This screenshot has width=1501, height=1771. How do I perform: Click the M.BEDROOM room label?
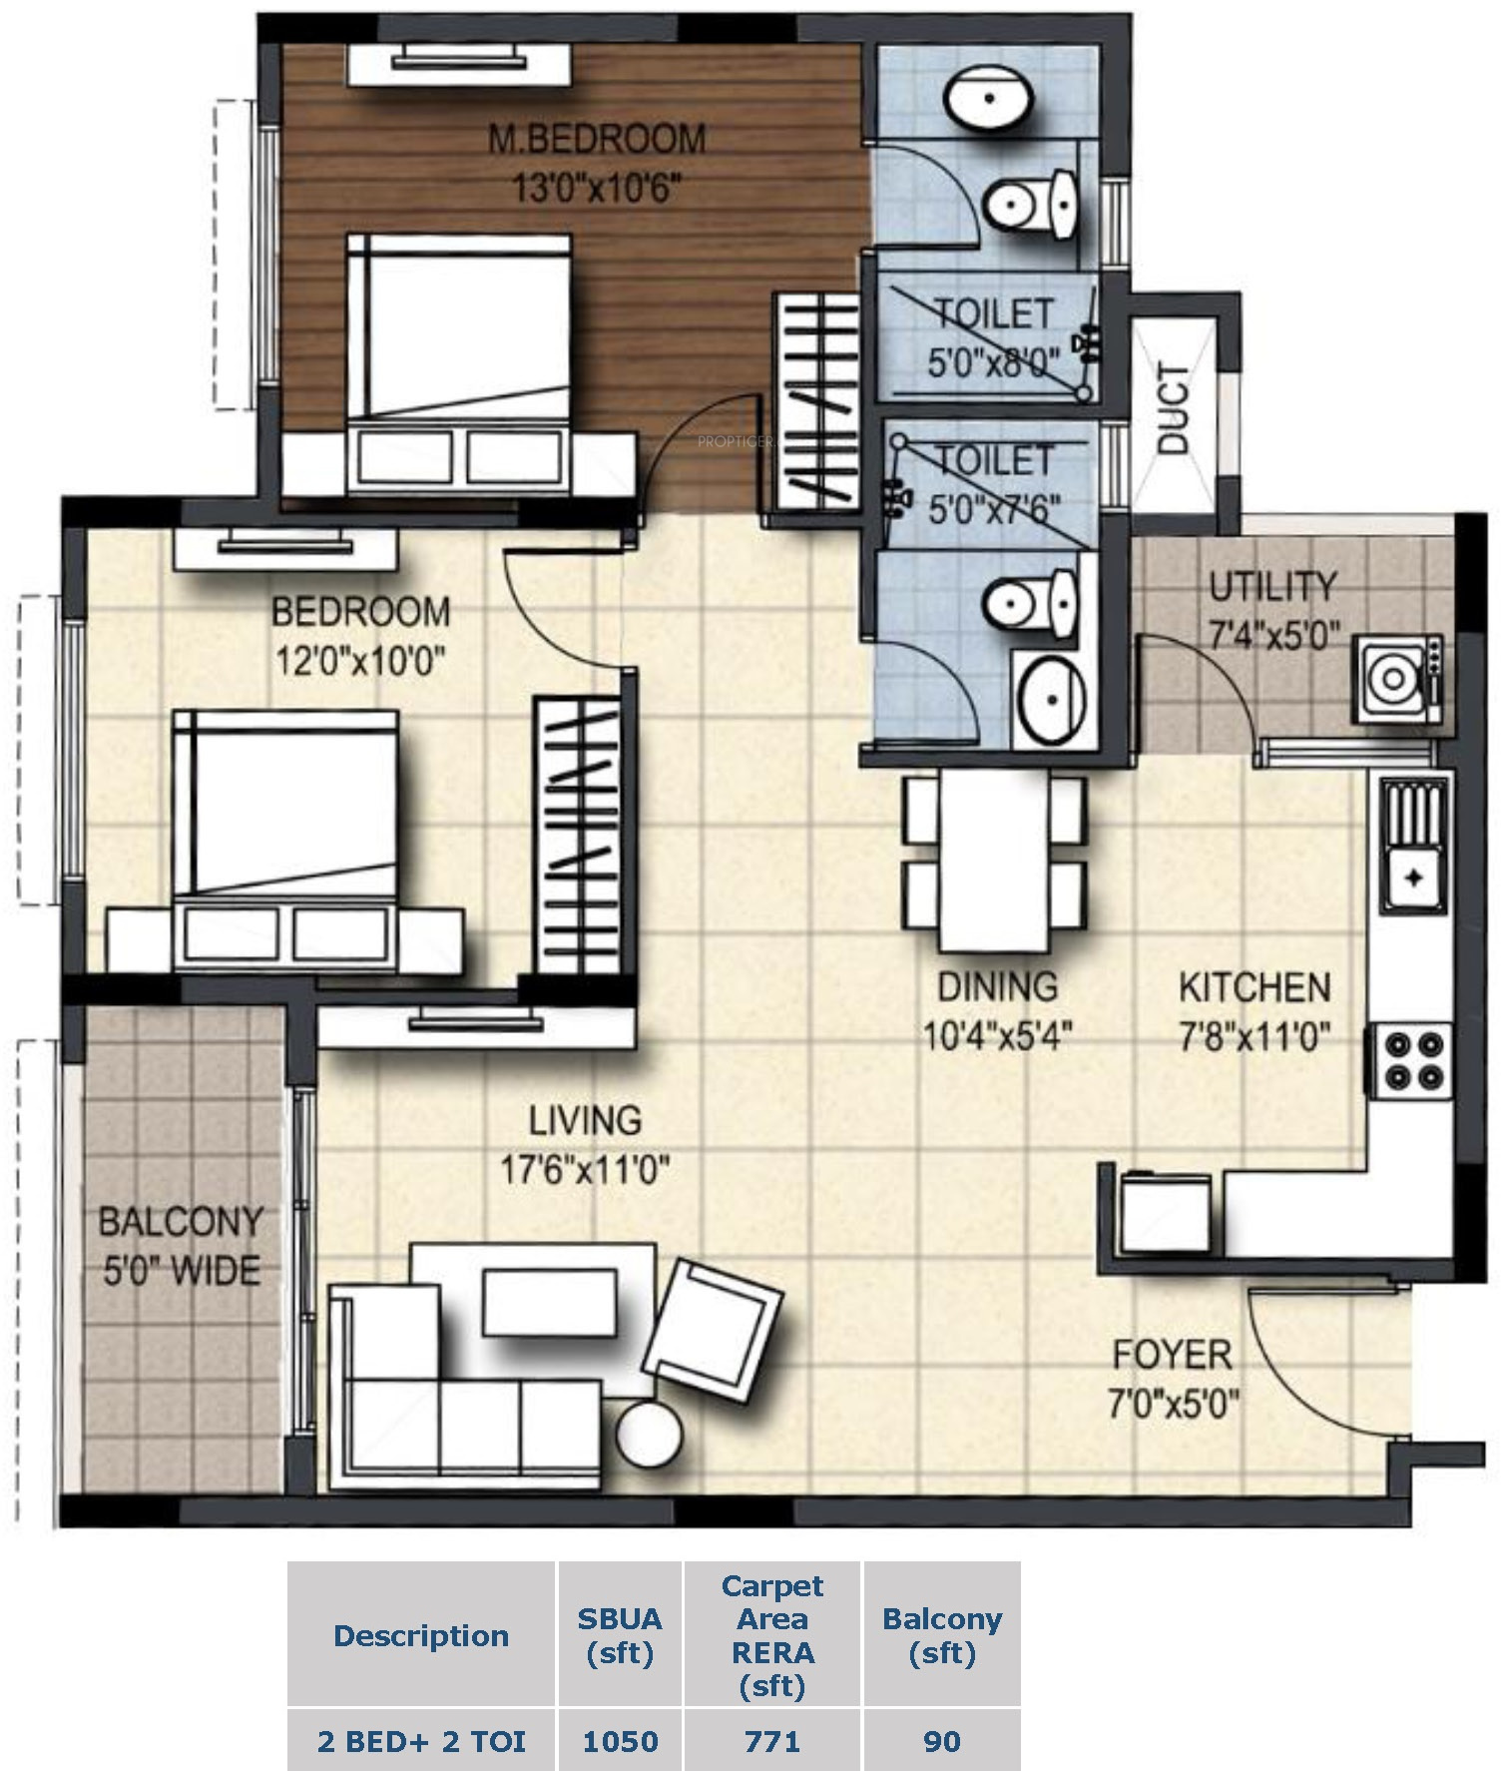[x=597, y=138]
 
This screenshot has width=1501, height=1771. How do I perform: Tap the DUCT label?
[x=1174, y=408]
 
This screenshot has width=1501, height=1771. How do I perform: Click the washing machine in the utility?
[x=1397, y=678]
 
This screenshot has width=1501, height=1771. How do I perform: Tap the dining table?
[x=994, y=862]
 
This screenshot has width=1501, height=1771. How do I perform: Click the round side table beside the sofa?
[x=650, y=1433]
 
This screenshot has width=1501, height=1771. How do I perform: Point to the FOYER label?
[x=1173, y=1355]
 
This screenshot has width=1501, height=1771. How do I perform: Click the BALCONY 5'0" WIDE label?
[x=182, y=1245]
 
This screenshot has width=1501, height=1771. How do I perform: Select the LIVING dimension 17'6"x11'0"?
[x=585, y=1168]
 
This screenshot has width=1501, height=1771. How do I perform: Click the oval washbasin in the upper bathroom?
[x=988, y=98]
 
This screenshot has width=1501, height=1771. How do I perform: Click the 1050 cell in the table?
[x=620, y=1742]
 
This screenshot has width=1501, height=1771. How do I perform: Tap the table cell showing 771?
[x=772, y=1742]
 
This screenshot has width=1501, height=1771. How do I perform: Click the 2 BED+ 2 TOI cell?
[x=421, y=1742]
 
